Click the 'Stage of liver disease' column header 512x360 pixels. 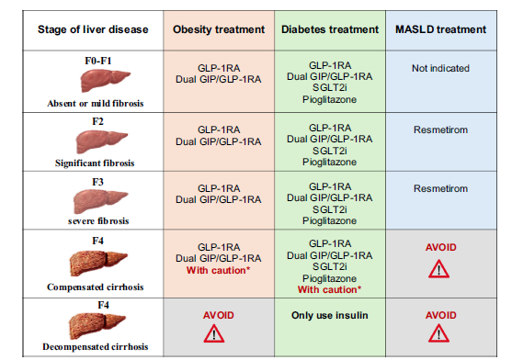[93, 29]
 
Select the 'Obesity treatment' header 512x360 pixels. [219, 29]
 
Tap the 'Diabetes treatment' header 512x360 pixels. [330, 29]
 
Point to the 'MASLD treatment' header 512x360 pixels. [441, 29]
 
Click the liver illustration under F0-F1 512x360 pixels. [105, 80]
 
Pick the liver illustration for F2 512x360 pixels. [101, 141]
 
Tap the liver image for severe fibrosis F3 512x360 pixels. [100, 201]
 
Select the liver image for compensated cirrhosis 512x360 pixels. [98, 264]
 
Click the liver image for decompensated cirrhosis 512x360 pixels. [97, 326]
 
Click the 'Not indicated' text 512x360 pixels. [441, 69]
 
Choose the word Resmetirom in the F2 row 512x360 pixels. [441, 129]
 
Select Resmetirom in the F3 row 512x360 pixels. [441, 188]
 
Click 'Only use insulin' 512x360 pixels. [330, 315]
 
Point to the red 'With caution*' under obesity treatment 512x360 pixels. [218, 270]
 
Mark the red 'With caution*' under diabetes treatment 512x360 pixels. [329, 289]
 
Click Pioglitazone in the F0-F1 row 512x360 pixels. [329, 99]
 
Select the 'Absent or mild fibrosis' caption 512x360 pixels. [96, 104]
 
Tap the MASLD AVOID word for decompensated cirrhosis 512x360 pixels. [441, 315]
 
